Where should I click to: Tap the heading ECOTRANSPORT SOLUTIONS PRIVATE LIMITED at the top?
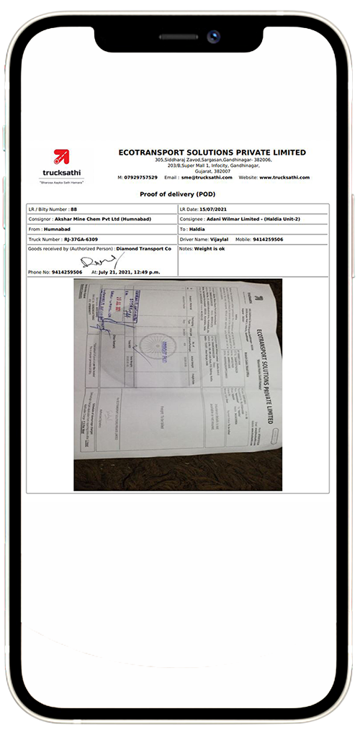(212, 153)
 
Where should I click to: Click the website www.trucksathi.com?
(284, 177)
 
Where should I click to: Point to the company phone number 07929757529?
(140, 177)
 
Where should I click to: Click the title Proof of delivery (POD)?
(177, 194)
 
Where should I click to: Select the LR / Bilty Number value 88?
(73, 209)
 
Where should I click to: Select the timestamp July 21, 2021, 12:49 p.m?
(130, 272)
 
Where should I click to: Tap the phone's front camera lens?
(214, 35)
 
